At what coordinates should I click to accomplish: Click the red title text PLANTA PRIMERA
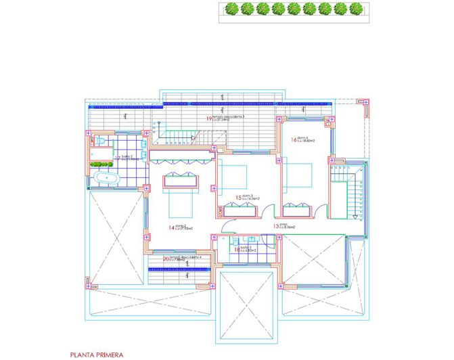pyautogui.click(x=97, y=353)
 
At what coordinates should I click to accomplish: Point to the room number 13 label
pyautogui.click(x=276, y=226)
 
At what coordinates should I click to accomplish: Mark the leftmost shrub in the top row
pyautogui.click(x=231, y=9)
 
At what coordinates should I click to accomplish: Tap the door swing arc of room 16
pyautogui.click(x=279, y=158)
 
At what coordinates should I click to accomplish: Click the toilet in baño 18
pyautogui.click(x=234, y=240)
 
